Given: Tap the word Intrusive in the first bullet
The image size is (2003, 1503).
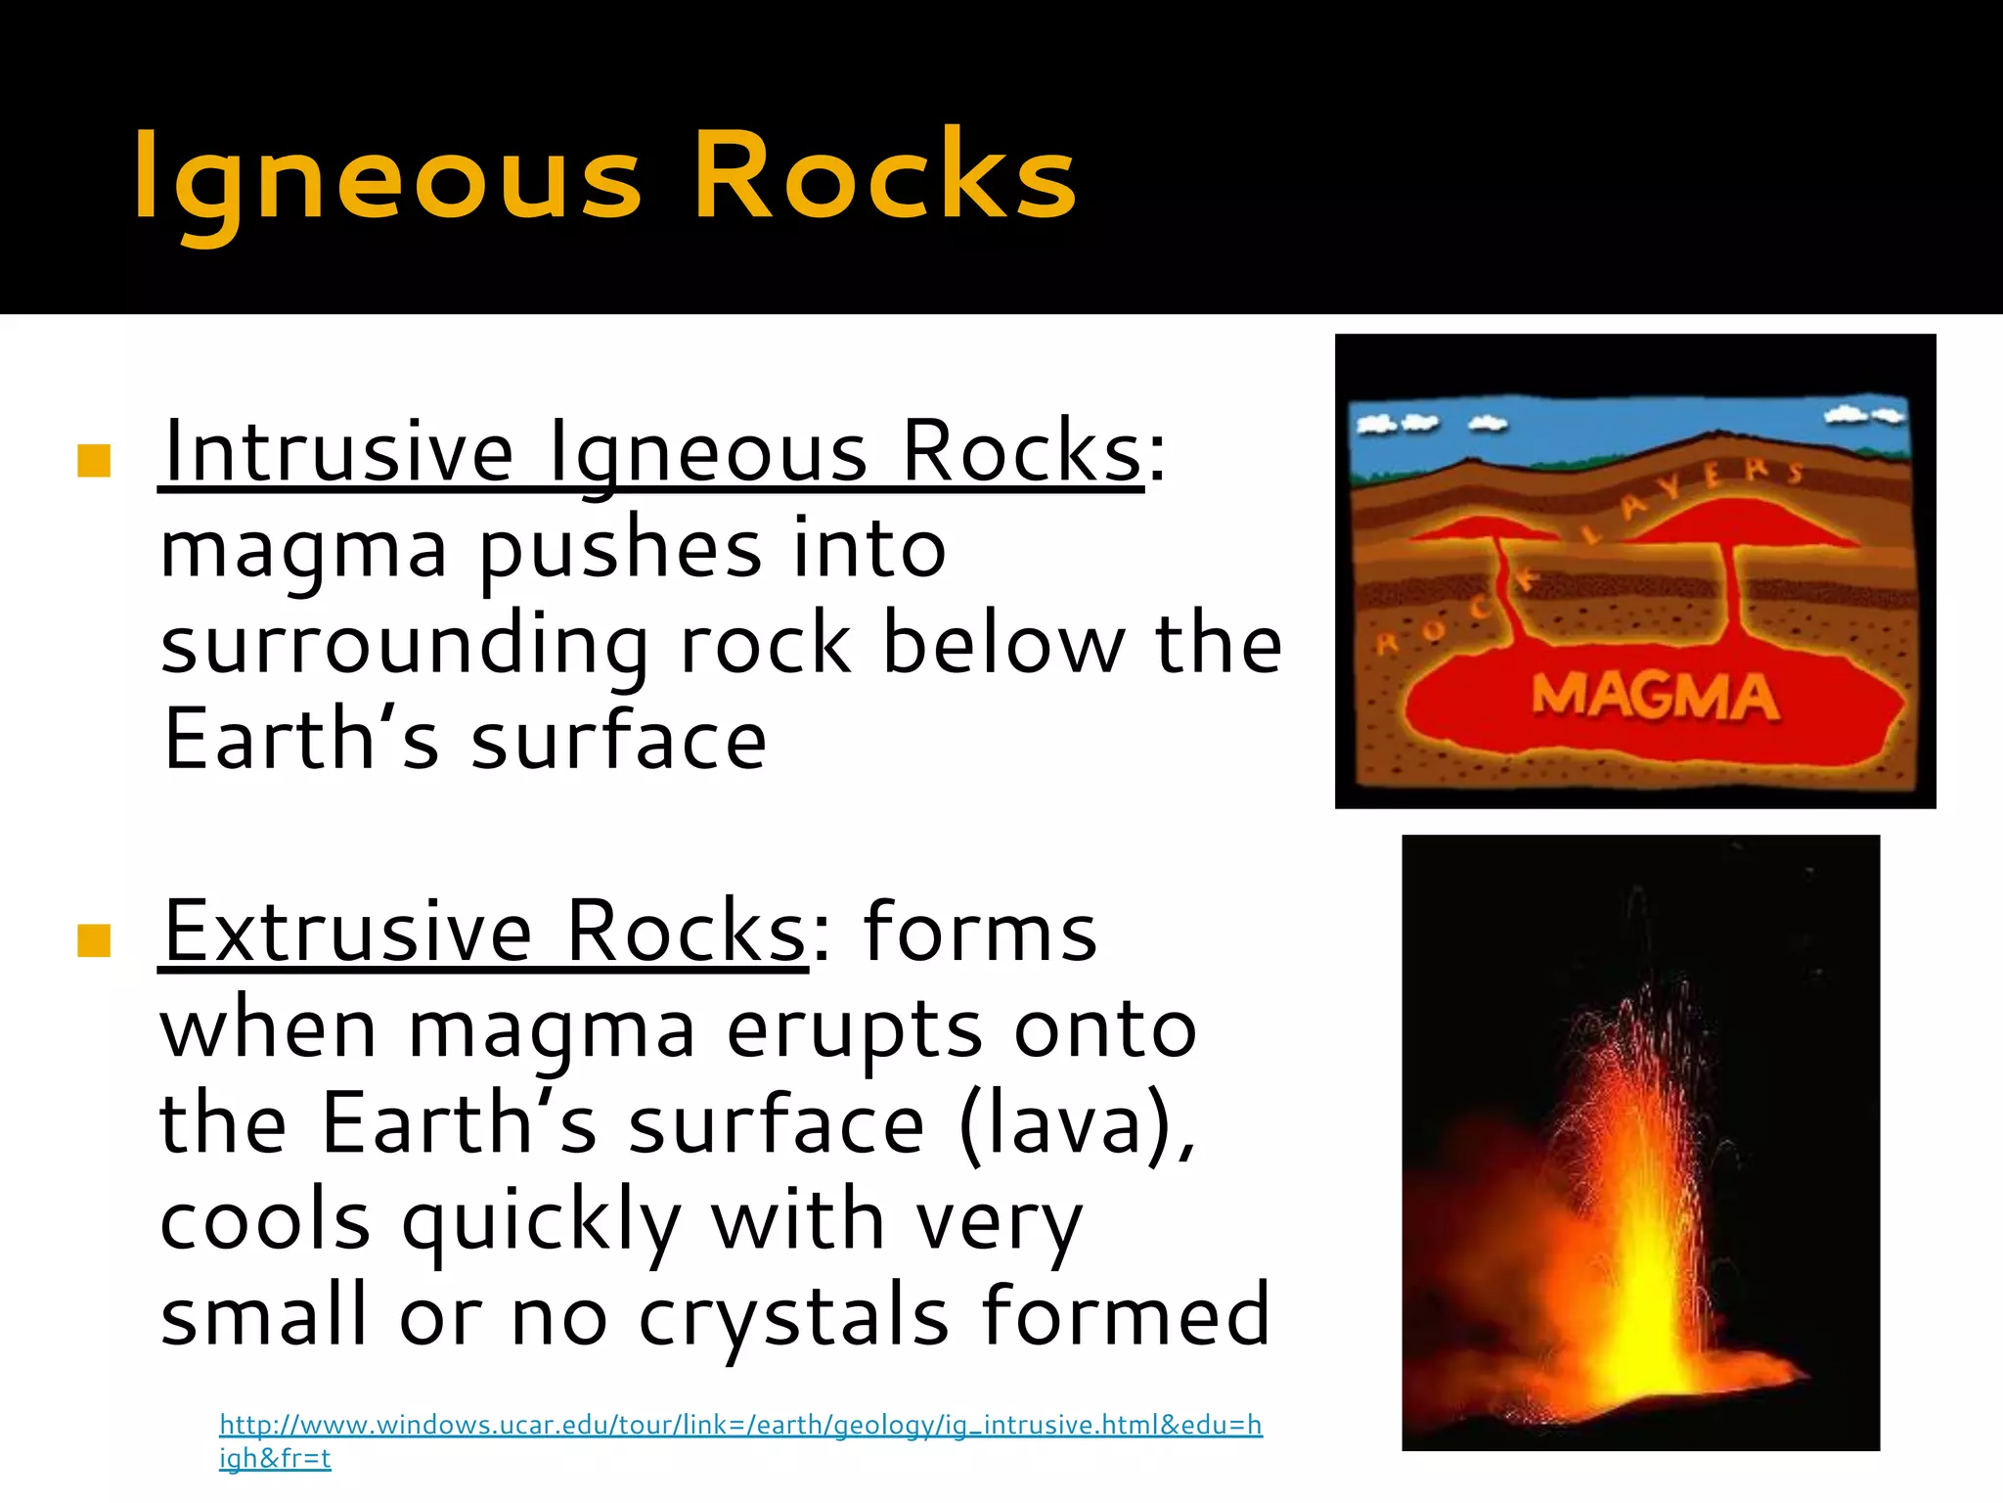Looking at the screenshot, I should (x=338, y=451).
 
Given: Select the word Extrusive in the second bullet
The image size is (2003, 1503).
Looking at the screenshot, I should (x=348, y=932).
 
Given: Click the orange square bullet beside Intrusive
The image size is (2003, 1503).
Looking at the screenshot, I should (x=93, y=460).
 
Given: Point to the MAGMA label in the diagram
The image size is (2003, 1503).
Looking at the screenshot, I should (x=1654, y=697).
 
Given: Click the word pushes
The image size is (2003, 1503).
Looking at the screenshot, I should (x=620, y=549).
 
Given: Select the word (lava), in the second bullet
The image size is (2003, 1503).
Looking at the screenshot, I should (x=1077, y=1123).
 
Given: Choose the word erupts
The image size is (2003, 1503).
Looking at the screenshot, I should (x=853, y=1029).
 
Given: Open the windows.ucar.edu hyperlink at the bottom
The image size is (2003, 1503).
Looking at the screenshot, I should (x=740, y=1425).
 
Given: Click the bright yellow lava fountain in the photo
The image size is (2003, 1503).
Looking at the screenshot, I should (x=1644, y=1272).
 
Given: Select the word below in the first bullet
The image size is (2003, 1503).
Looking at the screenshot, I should (x=1001, y=645).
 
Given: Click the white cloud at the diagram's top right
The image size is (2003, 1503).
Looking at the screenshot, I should (x=1863, y=415).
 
